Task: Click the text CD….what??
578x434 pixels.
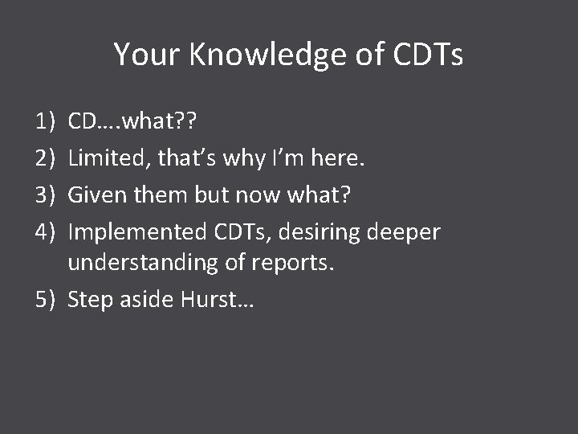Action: tap(135, 122)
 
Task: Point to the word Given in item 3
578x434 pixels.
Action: tap(96, 195)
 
